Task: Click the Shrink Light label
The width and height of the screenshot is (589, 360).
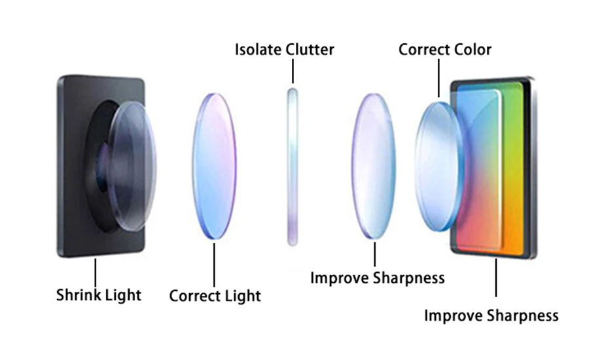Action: [x=98, y=295]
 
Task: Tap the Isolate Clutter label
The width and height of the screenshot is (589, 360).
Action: [x=284, y=49]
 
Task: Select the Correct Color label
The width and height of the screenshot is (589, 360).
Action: [x=444, y=49]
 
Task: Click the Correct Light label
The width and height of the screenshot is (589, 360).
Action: [x=215, y=295]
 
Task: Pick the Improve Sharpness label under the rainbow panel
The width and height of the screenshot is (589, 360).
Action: [x=491, y=315]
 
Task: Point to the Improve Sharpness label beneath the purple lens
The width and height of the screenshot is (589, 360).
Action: [x=377, y=278]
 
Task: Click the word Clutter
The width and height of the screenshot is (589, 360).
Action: [x=310, y=49]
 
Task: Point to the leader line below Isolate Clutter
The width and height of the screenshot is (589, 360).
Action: [x=293, y=71]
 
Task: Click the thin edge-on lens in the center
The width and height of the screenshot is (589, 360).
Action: [x=293, y=167]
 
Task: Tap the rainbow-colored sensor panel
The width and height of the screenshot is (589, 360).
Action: [x=501, y=170]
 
